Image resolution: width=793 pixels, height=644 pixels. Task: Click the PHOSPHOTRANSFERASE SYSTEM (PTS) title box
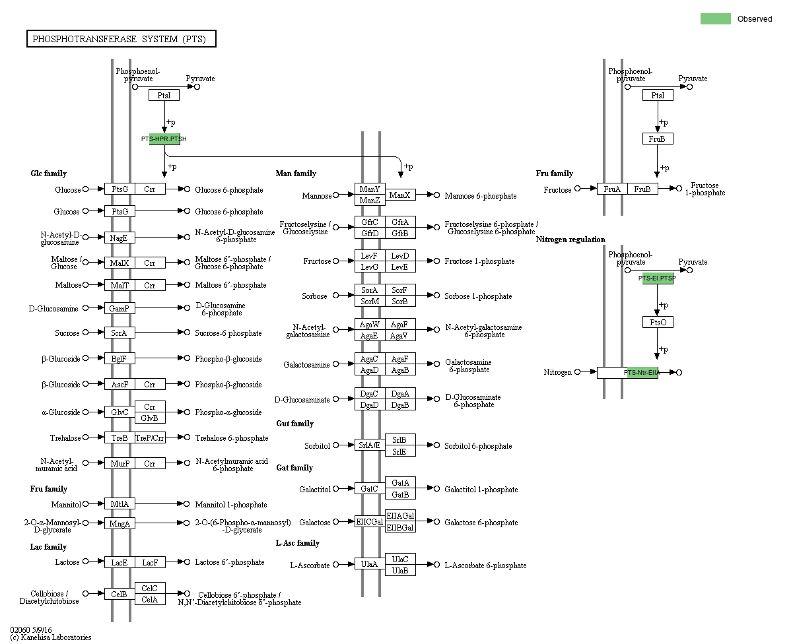tap(121, 40)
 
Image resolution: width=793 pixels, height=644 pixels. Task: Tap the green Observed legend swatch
tap(715, 18)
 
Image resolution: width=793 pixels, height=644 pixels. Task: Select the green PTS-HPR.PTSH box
tap(164, 139)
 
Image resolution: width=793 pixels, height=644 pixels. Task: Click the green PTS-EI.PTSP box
tap(658, 278)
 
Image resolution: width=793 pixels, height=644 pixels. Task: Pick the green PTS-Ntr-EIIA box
tap(642, 372)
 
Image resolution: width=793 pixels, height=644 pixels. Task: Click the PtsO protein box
tap(658, 322)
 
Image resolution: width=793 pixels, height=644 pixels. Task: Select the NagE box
tap(120, 238)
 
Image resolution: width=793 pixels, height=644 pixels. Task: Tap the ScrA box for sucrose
tap(120, 333)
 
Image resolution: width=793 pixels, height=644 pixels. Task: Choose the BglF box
tap(120, 358)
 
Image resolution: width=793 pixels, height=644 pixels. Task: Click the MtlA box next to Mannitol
tap(120, 504)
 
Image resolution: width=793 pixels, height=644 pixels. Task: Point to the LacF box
tap(150, 562)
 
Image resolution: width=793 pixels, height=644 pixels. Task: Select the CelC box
tap(150, 588)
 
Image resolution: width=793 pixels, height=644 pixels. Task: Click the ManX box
tap(401, 195)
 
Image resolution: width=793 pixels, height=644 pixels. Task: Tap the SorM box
tap(370, 302)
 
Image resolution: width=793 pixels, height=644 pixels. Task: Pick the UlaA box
tap(370, 564)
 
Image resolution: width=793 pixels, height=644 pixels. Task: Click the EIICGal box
tap(370, 522)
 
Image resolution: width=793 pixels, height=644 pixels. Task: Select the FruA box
tap(612, 189)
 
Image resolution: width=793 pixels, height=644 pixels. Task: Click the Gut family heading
tap(294, 424)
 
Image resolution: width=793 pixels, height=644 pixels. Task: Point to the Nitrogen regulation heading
tap(570, 240)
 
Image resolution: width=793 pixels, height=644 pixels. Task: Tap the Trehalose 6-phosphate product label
tap(232, 438)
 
